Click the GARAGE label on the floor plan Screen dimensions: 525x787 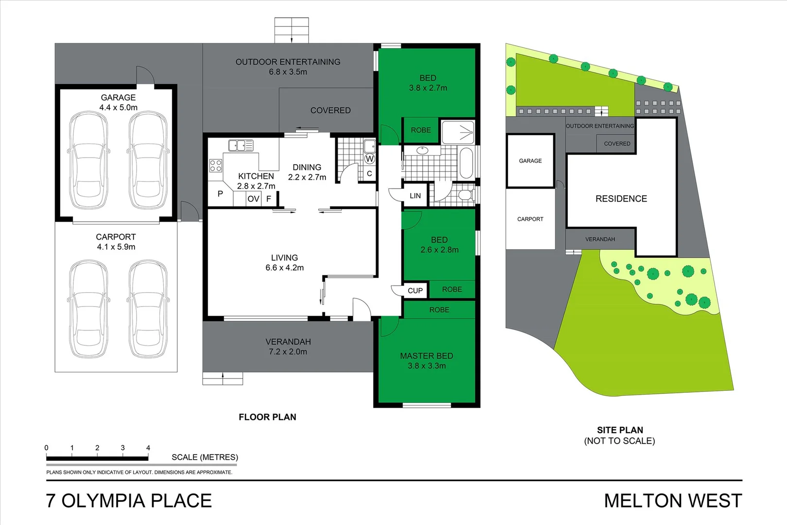point(118,98)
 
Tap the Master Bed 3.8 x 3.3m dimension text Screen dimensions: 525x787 point(427,366)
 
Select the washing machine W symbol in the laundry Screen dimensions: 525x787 point(370,158)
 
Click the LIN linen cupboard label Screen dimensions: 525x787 point(415,196)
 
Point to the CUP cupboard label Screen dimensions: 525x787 point(415,291)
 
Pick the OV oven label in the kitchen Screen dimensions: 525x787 point(253,199)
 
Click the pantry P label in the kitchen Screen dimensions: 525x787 point(220,194)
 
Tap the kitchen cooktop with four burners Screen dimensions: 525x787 point(216,165)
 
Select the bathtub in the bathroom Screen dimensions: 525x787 point(465,163)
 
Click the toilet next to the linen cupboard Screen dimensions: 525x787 point(465,195)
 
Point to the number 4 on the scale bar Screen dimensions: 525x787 point(148,448)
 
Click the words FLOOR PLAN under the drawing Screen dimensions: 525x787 point(267,417)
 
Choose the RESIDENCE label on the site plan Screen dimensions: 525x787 point(621,199)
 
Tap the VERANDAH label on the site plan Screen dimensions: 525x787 point(600,239)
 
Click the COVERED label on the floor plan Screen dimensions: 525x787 point(330,111)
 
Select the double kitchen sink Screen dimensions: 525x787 point(240,145)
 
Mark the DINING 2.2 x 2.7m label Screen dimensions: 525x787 point(307,173)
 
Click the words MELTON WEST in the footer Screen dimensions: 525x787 point(673,501)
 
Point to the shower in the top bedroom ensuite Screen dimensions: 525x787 point(458,131)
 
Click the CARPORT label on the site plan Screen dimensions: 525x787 point(530,219)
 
